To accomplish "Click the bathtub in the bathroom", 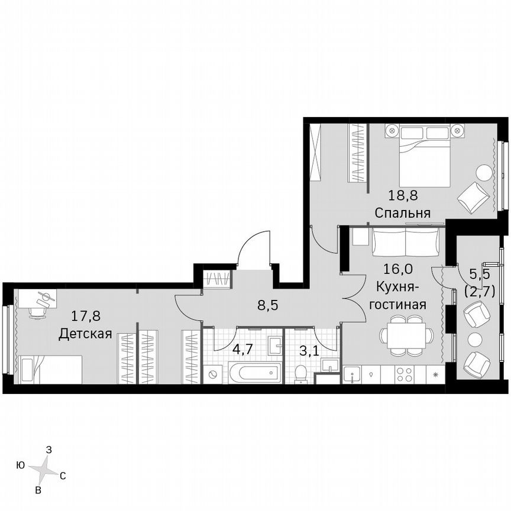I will click(x=254, y=374).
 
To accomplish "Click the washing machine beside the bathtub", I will click(x=214, y=374).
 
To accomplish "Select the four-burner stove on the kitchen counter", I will click(x=404, y=374).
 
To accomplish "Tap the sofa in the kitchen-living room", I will click(x=406, y=241).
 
